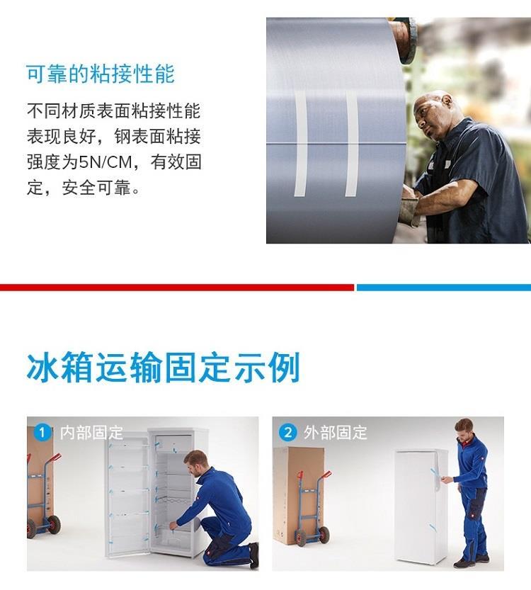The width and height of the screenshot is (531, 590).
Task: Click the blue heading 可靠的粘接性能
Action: [x=101, y=74]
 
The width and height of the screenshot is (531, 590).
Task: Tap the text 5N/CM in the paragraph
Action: [x=105, y=163]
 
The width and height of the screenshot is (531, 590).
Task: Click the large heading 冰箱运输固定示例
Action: [x=164, y=367]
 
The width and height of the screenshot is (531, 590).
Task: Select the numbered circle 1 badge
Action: [x=42, y=432]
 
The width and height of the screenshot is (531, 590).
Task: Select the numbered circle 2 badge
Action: [x=287, y=432]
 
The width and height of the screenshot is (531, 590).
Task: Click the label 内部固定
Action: [x=91, y=433]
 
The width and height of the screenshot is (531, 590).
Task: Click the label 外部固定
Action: [x=336, y=433]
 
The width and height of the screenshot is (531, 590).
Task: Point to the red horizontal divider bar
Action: [x=177, y=288]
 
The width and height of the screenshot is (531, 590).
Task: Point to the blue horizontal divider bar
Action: [x=444, y=288]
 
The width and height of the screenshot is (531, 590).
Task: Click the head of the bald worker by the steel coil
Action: [x=433, y=113]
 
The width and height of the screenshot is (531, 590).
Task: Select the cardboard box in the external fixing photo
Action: [x=298, y=496]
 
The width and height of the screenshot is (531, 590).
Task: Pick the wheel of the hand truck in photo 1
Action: [x=54, y=525]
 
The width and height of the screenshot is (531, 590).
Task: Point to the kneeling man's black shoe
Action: [x=254, y=555]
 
